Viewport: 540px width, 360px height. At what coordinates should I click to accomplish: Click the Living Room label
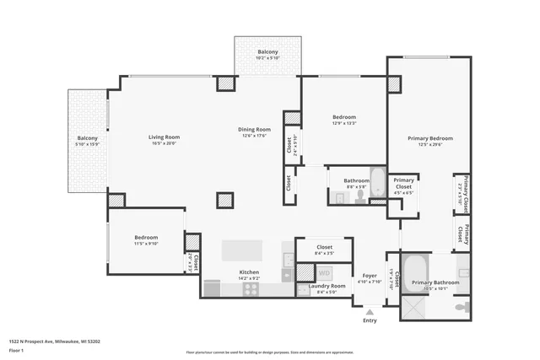coord(165,137)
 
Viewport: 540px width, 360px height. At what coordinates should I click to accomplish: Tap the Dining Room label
coord(254,129)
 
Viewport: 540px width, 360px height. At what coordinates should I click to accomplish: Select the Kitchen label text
coord(248,272)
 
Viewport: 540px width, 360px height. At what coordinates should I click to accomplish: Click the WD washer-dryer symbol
coord(324,273)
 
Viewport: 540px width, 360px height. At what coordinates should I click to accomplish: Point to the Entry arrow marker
coord(369,312)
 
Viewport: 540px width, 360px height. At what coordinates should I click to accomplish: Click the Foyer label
coord(370,276)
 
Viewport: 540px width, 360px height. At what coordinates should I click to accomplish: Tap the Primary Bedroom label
coord(430,138)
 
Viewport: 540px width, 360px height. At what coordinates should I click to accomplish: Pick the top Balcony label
coord(267,52)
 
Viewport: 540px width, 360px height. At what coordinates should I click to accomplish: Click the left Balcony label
coord(88,138)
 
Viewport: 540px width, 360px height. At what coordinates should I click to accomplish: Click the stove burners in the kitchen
coord(251,289)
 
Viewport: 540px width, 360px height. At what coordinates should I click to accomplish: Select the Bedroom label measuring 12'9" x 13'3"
coord(344,117)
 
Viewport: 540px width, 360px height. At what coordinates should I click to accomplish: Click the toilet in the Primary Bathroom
coord(461,308)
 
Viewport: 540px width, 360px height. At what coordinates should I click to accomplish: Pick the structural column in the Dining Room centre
coord(224,201)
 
